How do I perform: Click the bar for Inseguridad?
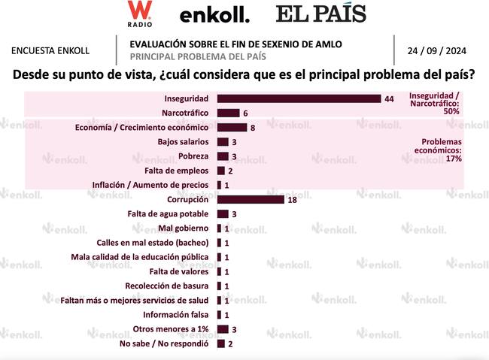click(x=299, y=98)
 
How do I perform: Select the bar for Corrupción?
click(x=251, y=199)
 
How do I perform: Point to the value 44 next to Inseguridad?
click(x=389, y=98)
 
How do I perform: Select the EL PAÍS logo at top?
click(x=321, y=14)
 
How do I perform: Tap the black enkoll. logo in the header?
click(x=214, y=14)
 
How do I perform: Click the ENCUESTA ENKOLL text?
click(x=50, y=50)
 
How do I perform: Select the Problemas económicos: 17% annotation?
click(x=442, y=150)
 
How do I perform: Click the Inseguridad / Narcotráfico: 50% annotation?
click(x=441, y=103)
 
